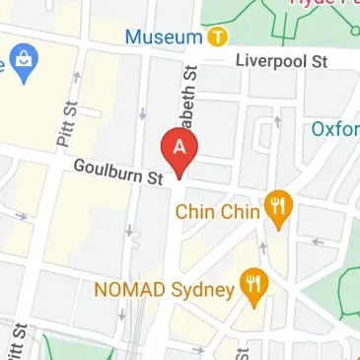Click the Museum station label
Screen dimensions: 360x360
click(165, 36)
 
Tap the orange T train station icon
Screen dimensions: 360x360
click(218, 37)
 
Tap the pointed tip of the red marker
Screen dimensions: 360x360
click(180, 176)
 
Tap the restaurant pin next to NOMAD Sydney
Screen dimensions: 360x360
click(254, 285)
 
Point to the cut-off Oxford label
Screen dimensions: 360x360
click(335, 129)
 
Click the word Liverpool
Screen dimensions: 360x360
click(265, 60)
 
